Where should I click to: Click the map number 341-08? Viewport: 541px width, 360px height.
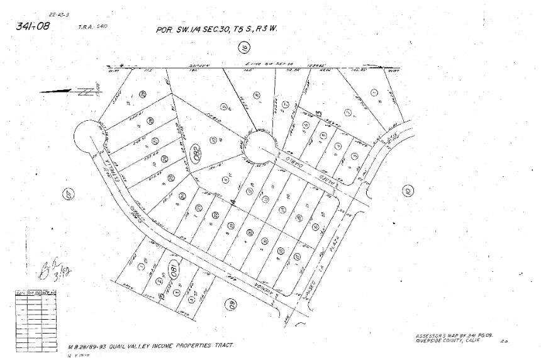point(34,26)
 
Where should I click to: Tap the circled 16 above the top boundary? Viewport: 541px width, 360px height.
point(244,47)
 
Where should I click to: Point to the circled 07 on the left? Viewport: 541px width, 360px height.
point(69,194)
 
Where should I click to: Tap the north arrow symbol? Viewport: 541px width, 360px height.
point(69,91)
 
